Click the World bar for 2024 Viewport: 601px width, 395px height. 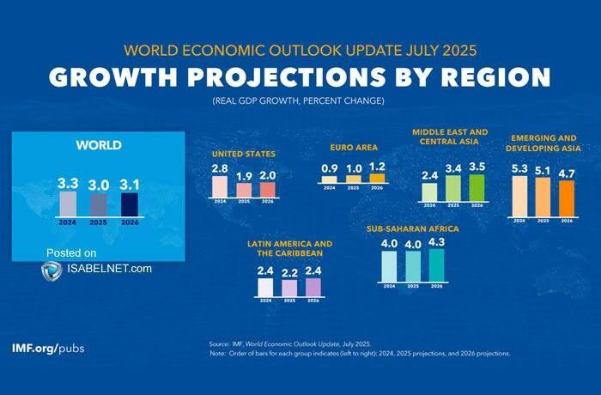click(x=68, y=204)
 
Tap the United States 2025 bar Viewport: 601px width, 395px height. click(x=244, y=190)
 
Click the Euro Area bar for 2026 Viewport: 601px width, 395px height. click(x=377, y=178)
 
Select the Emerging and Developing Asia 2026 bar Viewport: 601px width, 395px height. click(x=566, y=198)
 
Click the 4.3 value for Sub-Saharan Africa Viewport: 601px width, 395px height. click(x=437, y=242)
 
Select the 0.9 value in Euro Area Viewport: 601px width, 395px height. click(x=329, y=167)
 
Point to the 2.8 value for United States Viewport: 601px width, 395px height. click(x=220, y=168)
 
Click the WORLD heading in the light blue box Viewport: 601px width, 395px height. click(x=99, y=145)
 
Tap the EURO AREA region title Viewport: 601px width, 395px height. click(x=354, y=148)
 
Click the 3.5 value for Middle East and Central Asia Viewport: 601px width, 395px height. click(x=477, y=166)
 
